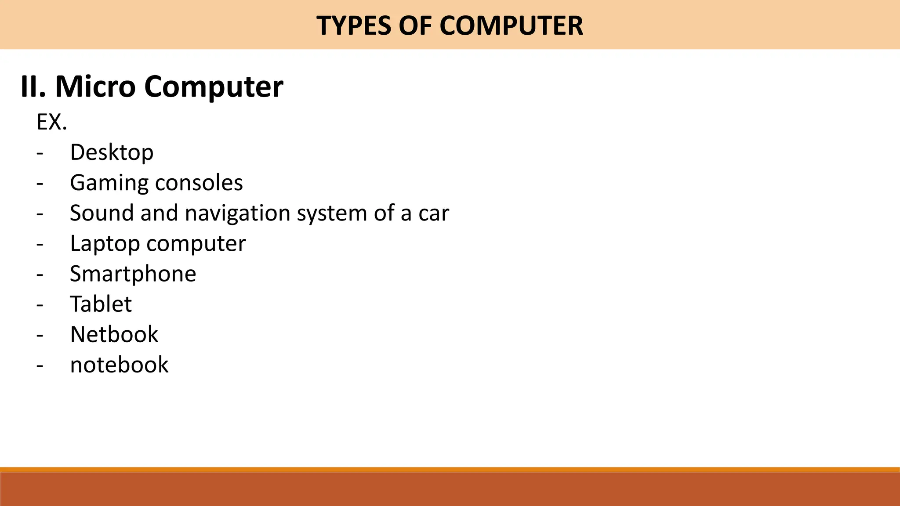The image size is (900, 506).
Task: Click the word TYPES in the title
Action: click(353, 25)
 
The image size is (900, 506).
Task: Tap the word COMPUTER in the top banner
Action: click(511, 25)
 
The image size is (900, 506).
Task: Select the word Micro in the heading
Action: click(95, 87)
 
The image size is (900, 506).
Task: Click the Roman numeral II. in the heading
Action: click(33, 87)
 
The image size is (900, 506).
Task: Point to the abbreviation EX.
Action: click(51, 122)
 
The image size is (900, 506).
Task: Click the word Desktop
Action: click(112, 153)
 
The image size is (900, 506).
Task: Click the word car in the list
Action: click(434, 213)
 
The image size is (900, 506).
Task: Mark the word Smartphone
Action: click(133, 274)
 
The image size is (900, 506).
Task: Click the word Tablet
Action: click(101, 304)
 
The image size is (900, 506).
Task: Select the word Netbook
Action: click(114, 334)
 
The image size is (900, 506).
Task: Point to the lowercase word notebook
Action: click(119, 365)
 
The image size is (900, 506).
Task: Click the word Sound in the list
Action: click(102, 213)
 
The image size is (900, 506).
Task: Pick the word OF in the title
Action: click(414, 25)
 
